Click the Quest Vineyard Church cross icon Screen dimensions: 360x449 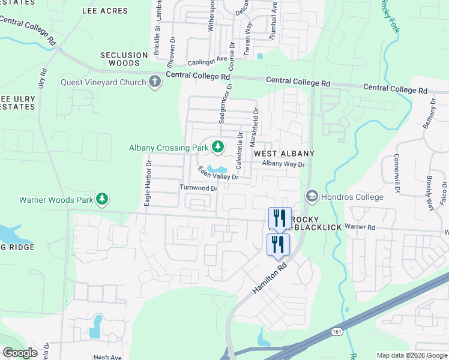155,82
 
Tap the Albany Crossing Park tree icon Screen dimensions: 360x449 218,147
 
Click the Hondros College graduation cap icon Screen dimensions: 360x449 312,196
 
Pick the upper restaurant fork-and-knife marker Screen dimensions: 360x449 279,218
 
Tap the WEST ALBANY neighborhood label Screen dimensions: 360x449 284,154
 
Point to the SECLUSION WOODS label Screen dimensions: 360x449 124,59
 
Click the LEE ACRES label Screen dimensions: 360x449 105,11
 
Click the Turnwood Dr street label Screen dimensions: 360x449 197,188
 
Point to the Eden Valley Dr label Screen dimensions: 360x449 219,173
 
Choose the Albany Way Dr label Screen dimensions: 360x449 283,164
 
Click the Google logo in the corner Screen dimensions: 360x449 20,353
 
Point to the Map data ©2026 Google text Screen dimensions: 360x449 411,355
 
